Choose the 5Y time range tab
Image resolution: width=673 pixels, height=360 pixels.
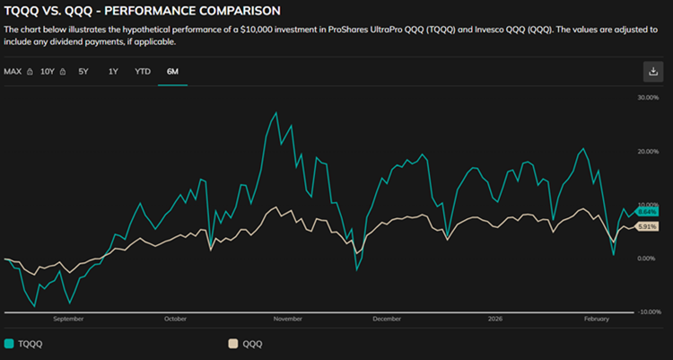83,72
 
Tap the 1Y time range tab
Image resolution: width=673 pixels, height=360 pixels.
113,72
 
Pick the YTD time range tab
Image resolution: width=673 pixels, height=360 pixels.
143,72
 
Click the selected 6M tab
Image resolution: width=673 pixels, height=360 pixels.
172,72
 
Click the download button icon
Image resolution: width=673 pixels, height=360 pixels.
653,71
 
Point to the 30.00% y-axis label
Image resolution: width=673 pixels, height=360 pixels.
648,98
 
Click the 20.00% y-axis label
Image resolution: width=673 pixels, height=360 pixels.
648,151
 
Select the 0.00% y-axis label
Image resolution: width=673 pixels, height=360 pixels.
646,259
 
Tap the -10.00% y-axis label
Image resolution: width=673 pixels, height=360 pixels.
649,312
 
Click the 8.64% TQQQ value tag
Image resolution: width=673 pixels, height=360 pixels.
646,212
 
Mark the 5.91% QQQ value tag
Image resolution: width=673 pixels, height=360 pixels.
646,227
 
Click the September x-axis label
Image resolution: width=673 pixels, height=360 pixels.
68,319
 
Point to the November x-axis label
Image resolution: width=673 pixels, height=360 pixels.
288,319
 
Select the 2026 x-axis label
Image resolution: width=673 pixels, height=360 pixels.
494,319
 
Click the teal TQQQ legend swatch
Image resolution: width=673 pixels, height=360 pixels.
9,344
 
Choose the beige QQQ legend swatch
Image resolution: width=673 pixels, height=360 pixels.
232,344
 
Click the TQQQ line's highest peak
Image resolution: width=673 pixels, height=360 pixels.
276,112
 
